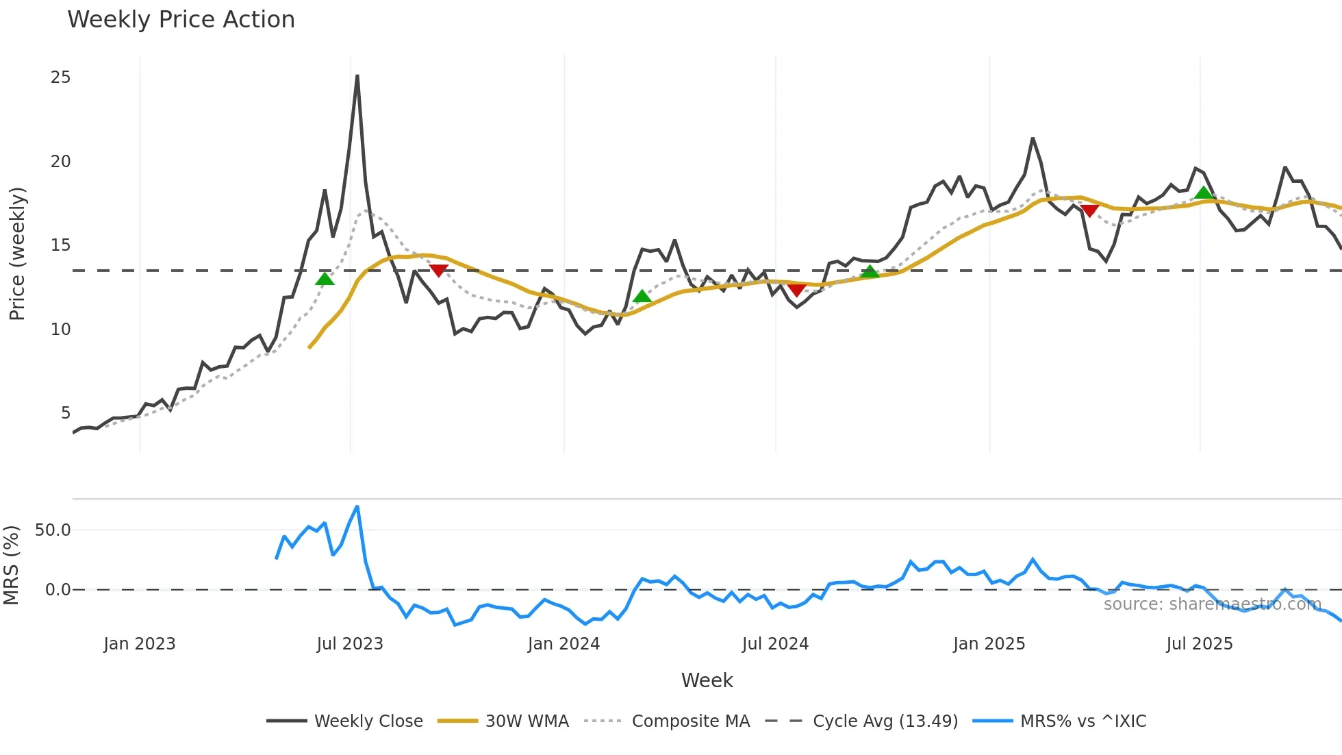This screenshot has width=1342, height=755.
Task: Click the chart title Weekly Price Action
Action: click(x=181, y=20)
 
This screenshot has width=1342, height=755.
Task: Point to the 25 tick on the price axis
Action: click(x=61, y=77)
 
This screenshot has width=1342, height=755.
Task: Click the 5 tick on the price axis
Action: click(x=66, y=413)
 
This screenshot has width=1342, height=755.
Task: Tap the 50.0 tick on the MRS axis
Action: click(x=53, y=530)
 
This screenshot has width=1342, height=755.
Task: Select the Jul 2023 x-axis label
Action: click(x=350, y=644)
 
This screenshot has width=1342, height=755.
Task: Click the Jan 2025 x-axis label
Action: click(x=989, y=644)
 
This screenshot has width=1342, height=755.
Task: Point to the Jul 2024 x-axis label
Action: click(x=775, y=644)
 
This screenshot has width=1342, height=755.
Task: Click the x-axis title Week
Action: click(x=707, y=680)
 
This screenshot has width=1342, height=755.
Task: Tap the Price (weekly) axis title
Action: click(x=17, y=253)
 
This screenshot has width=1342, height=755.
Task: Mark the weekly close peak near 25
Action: click(x=357, y=76)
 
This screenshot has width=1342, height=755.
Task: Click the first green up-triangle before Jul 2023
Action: click(x=325, y=278)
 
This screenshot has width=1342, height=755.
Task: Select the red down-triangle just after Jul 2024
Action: click(x=796, y=290)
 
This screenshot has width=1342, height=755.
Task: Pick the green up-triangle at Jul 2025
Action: click(x=1204, y=193)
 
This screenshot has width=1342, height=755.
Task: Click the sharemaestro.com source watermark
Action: click(x=1212, y=604)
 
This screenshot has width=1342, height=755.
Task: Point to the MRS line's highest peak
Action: click(x=357, y=507)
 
